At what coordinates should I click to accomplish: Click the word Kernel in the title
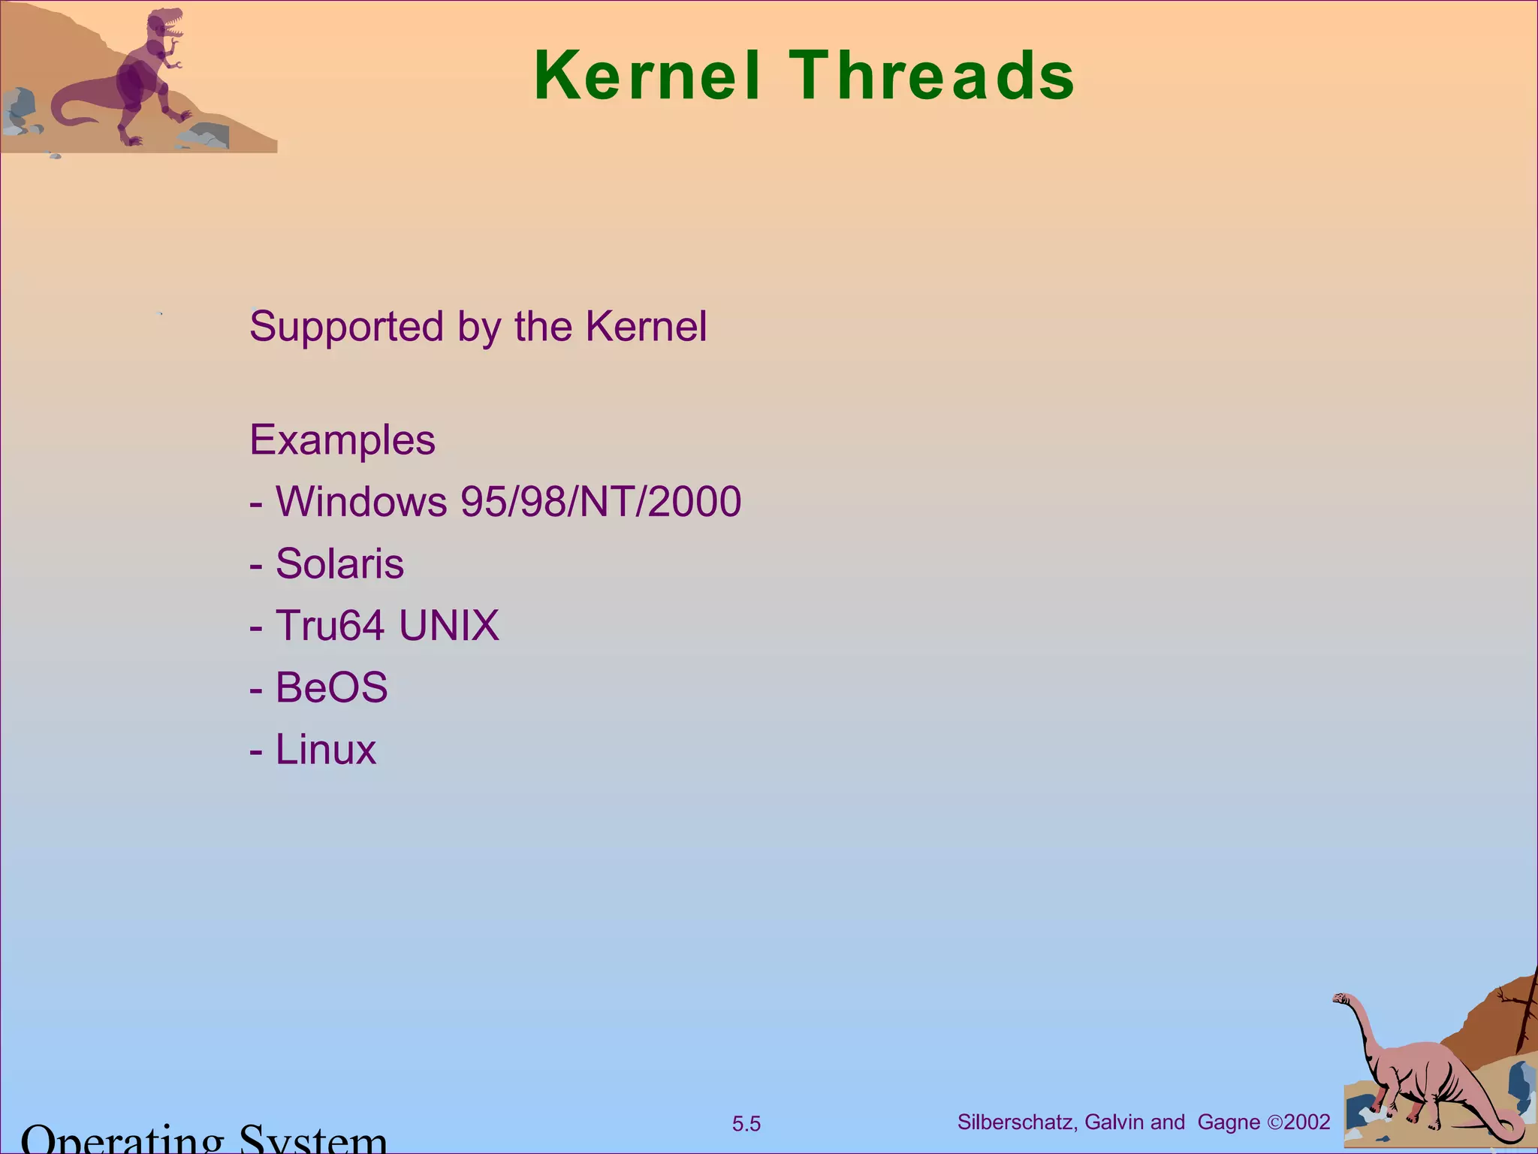coord(647,76)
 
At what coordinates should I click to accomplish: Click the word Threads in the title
coord(933,76)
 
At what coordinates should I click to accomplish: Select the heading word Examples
coord(342,440)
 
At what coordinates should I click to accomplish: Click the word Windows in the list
coord(361,502)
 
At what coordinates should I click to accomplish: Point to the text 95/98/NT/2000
coord(601,502)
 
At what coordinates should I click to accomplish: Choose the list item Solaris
coord(339,564)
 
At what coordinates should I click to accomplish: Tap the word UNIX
coord(449,626)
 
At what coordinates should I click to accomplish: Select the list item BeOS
coord(331,687)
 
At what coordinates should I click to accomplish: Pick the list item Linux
coord(325,750)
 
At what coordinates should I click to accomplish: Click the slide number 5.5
coord(746,1124)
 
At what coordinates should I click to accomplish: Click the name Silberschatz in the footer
coord(1017,1122)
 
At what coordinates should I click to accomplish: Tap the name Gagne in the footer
coord(1229,1122)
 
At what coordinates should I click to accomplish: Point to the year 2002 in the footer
coord(1307,1122)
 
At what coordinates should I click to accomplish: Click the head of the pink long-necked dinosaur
coord(1340,999)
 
